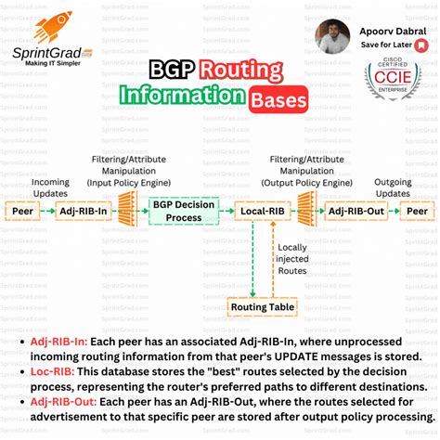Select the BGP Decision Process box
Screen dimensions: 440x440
click(x=177, y=212)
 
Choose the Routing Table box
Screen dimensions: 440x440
click(x=262, y=306)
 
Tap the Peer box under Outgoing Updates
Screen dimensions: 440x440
click(x=418, y=212)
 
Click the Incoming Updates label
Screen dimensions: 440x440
click(x=50, y=188)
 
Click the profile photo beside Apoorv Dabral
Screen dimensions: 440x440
click(x=332, y=37)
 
